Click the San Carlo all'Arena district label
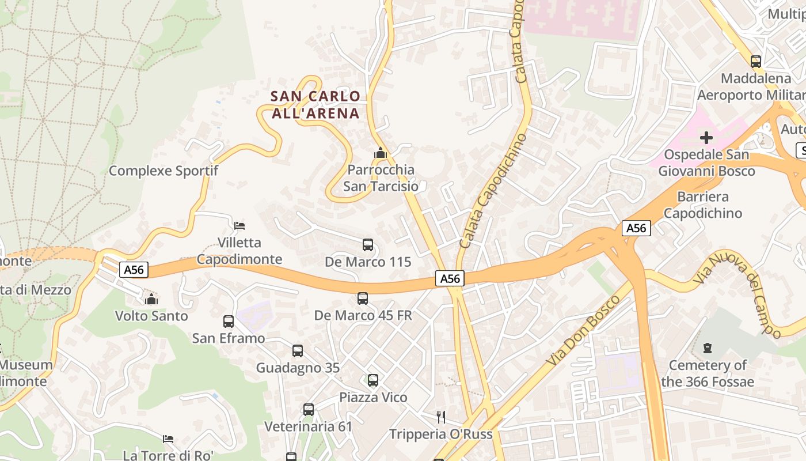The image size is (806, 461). tap(315, 104)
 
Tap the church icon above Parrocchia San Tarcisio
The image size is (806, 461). tap(380, 153)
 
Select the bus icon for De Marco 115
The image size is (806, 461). tap(368, 245)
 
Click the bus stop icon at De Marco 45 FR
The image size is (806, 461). tap(363, 298)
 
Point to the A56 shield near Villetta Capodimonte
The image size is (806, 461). tap(134, 269)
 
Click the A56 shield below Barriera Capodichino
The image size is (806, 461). tap(636, 228)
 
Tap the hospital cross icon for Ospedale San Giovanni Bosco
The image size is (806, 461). tap(706, 138)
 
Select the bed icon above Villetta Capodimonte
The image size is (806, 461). tap(239, 225)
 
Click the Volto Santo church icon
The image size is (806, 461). tap(151, 299)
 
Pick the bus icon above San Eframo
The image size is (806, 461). tap(229, 322)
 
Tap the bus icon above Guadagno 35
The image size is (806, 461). tap(298, 351)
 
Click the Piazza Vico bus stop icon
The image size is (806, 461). tap(373, 380)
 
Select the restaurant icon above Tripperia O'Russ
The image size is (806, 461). tap(441, 417)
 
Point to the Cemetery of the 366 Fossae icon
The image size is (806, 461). tap(708, 348)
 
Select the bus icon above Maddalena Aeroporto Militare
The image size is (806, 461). tap(756, 61)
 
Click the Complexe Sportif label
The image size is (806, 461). tap(164, 171)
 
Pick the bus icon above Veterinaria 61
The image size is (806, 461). tap(309, 410)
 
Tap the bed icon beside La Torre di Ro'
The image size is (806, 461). tap(168, 439)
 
